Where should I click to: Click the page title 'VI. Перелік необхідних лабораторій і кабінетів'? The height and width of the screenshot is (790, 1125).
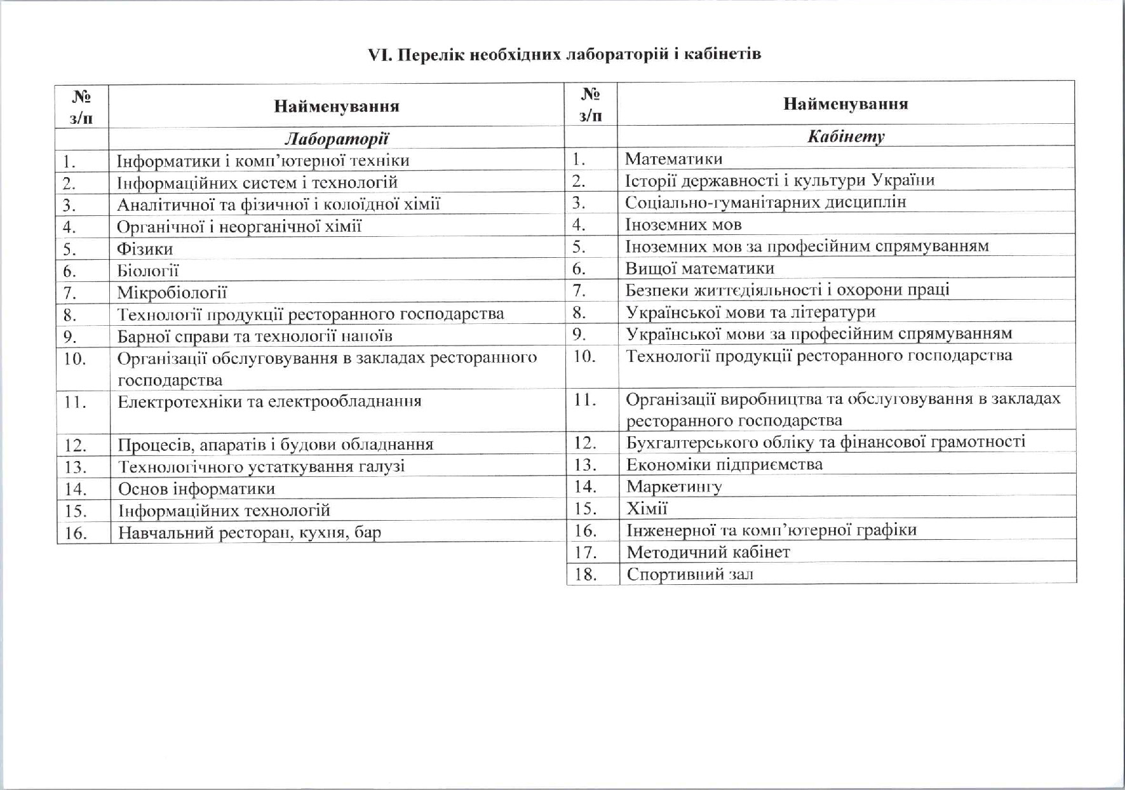(564, 54)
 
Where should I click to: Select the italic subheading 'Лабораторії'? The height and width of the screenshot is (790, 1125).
(336, 138)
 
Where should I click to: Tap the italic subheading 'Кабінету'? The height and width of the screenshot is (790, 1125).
(845, 136)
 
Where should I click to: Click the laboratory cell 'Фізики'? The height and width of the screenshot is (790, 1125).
(145, 249)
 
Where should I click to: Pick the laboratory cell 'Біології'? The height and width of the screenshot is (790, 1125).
(148, 271)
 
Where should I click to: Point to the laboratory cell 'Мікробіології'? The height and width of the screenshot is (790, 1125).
(172, 293)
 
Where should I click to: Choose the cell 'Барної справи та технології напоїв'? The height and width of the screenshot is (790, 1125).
(255, 336)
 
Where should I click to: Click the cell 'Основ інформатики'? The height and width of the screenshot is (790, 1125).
(196, 489)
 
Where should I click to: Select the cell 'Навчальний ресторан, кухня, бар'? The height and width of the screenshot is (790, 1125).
(249, 532)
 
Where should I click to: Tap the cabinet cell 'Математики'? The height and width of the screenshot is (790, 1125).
(673, 159)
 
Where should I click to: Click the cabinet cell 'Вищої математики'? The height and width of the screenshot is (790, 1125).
(699, 268)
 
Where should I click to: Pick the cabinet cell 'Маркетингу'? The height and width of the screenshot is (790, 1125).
(674, 487)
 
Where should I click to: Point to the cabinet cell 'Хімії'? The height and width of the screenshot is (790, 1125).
(647, 509)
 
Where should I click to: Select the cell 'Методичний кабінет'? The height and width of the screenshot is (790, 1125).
(708, 552)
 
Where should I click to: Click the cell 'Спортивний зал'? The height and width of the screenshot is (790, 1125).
(690, 575)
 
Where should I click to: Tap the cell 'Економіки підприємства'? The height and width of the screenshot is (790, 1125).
(724, 465)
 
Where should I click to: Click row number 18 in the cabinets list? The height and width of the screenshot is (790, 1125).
(584, 575)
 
